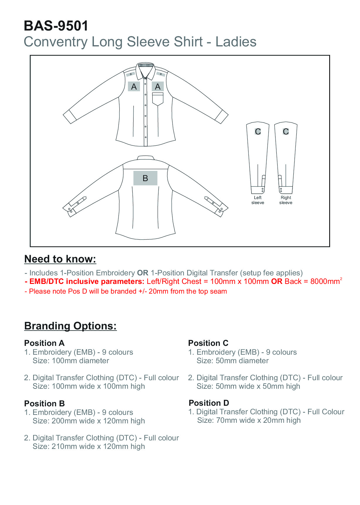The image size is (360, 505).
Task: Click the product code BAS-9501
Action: tap(56, 26)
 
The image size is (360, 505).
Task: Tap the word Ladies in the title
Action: tap(236, 42)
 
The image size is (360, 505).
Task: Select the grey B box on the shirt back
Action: tap(145, 178)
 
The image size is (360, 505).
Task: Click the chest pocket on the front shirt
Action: tap(158, 99)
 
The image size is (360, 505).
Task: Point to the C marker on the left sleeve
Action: tap(258, 132)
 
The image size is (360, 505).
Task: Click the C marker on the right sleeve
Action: tap(286, 132)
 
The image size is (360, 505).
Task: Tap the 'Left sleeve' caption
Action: tap(258, 200)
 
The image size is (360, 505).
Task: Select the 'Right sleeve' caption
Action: tap(286, 200)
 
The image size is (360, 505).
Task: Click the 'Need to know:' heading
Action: tap(60, 259)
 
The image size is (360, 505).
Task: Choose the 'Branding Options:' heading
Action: tap(70, 326)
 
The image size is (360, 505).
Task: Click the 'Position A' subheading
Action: tap(44, 343)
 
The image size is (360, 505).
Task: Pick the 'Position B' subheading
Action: tap(44, 403)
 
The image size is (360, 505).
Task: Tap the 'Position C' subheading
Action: tap(208, 343)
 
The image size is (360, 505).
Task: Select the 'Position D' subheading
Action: tap(209, 403)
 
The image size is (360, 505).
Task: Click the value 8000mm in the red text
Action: tap(325, 282)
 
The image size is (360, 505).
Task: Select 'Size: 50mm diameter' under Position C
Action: tap(232, 361)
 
